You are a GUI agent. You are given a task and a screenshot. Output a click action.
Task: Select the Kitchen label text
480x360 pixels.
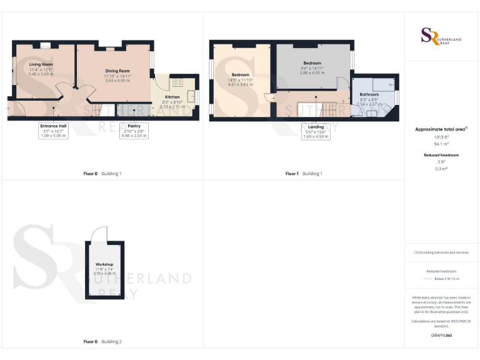[x=172, y=97]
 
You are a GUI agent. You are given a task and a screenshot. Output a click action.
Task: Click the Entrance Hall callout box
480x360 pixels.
[x=54, y=129]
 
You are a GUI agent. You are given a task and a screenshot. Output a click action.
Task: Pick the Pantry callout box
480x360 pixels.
[x=134, y=129]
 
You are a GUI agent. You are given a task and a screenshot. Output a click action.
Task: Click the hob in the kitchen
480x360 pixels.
[x=177, y=82]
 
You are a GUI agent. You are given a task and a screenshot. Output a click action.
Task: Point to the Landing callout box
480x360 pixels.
[x=316, y=131]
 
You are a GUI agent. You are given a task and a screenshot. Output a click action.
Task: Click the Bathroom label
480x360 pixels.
[x=369, y=94]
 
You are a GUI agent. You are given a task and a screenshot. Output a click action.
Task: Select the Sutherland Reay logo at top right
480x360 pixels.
[x=441, y=36]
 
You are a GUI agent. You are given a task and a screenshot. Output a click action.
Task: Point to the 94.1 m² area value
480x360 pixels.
[x=441, y=143]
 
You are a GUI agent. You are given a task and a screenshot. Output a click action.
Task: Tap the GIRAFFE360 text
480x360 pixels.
[x=441, y=336]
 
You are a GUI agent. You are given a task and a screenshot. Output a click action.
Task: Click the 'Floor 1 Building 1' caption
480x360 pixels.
[x=304, y=173]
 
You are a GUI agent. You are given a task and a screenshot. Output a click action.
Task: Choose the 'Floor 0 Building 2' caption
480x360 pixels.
[x=102, y=342]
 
